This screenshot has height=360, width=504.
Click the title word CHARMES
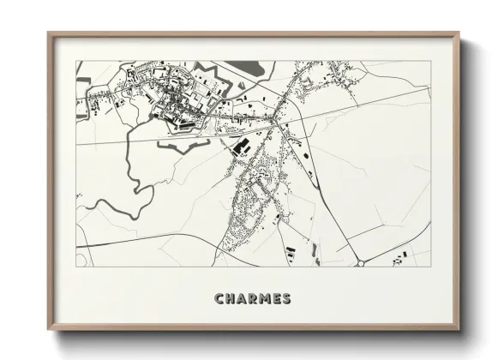point(253,299)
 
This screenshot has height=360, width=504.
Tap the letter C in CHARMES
point(219,299)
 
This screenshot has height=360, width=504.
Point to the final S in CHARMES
point(286,299)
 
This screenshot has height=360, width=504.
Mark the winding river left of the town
point(129,171)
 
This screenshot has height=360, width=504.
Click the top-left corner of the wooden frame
point(49,34)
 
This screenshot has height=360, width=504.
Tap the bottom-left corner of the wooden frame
point(49,328)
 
